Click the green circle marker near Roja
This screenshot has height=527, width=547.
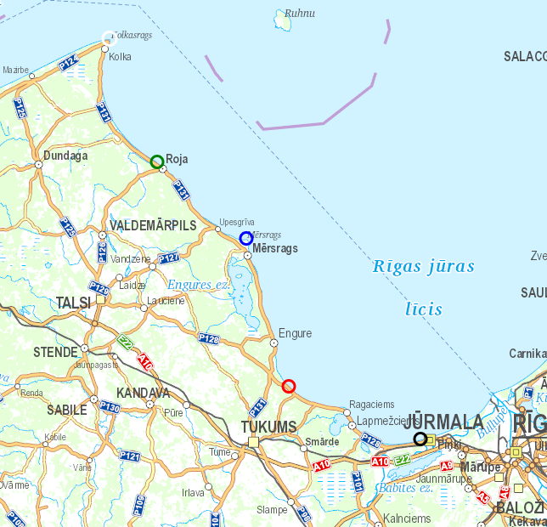click(x=156, y=161)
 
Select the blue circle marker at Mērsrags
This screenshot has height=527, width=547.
click(x=245, y=238)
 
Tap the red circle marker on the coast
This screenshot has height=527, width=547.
click(x=289, y=386)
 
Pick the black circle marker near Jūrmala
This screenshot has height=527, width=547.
click(x=420, y=439)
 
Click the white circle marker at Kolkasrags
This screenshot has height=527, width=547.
click(x=108, y=37)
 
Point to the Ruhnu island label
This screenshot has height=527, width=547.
click(x=299, y=14)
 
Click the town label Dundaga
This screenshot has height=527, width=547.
click(x=65, y=156)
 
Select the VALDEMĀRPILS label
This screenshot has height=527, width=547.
click(x=153, y=225)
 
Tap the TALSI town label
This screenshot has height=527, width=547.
click(x=73, y=303)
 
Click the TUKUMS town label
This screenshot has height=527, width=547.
click(x=268, y=426)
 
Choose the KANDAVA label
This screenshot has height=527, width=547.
click(x=143, y=394)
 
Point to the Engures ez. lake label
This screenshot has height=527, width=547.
click(x=199, y=284)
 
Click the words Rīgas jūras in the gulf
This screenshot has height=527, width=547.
click(x=424, y=266)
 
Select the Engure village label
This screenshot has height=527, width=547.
click(x=295, y=334)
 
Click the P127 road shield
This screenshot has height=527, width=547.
click(x=169, y=258)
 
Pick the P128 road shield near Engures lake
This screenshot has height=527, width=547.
click(x=209, y=338)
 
